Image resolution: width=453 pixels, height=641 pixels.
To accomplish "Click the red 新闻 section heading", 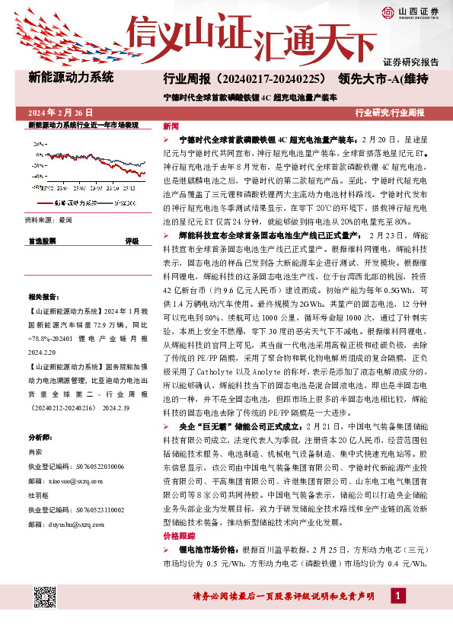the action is pyautogui.click(x=171, y=126).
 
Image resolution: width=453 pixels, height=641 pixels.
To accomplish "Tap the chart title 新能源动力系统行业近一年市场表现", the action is pyautogui.click(x=83, y=123).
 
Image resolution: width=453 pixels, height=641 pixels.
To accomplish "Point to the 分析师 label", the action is pyautogui.click(x=39, y=438).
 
